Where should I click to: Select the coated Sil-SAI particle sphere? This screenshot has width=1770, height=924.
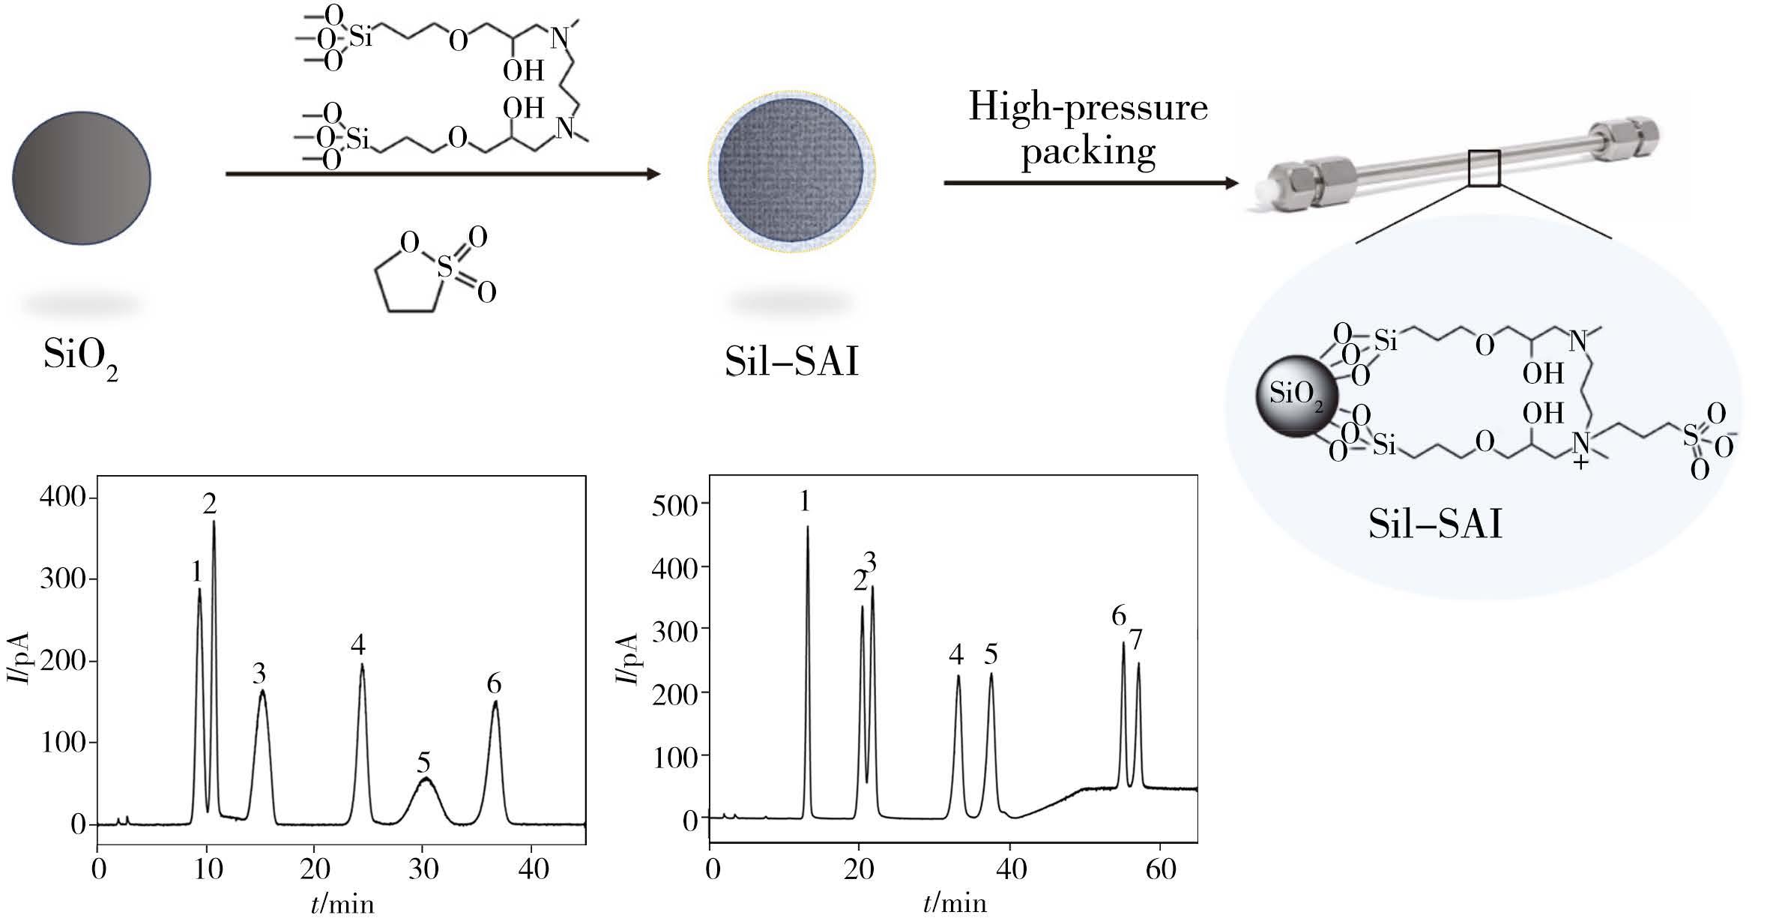point(792,172)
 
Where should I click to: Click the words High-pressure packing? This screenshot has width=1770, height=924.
point(1088,129)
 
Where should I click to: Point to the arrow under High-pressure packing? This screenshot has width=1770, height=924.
point(1091,183)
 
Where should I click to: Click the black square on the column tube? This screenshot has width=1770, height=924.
point(1484,168)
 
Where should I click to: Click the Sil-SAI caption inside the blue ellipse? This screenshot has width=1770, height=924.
point(1436,525)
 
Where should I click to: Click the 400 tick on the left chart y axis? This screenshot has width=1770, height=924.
point(64,498)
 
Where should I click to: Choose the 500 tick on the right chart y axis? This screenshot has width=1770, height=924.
point(677,504)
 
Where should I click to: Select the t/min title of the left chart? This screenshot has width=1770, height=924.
point(342,904)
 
